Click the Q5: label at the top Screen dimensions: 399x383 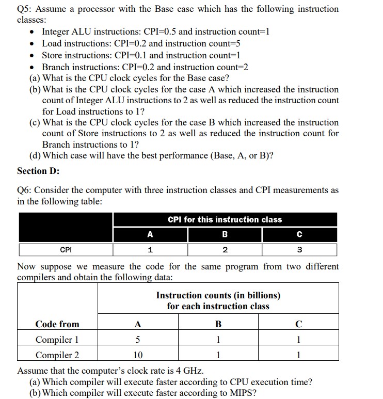26,9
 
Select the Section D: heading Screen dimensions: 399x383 38,170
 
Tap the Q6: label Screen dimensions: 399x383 26,190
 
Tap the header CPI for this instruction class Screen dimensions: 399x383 225,219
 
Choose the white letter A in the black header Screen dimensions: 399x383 150,234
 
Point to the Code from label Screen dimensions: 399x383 57,324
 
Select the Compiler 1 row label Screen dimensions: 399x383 57,340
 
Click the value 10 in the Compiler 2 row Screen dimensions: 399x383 137,355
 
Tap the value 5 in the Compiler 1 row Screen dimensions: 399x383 137,340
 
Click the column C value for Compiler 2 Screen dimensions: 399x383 299,355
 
